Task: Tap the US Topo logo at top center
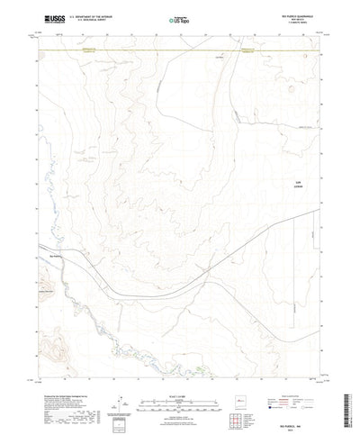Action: pos(177,18)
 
